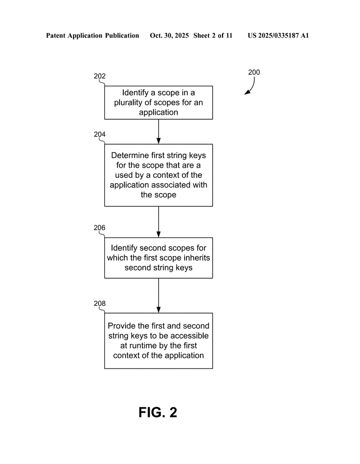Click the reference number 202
click(100, 76)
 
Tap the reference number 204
click(100, 134)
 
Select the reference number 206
click(100, 227)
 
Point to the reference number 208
click(100, 303)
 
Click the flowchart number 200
click(254, 72)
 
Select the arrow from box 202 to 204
click(158, 131)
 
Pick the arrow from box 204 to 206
click(158, 222)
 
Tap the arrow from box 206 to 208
click(158, 295)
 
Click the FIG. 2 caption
click(158, 412)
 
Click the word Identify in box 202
click(136, 93)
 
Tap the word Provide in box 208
click(121, 326)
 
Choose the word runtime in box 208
click(138, 346)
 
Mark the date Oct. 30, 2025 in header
click(170, 35)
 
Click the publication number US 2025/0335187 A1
click(278, 35)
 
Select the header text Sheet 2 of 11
click(213, 35)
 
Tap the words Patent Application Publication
click(92, 35)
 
